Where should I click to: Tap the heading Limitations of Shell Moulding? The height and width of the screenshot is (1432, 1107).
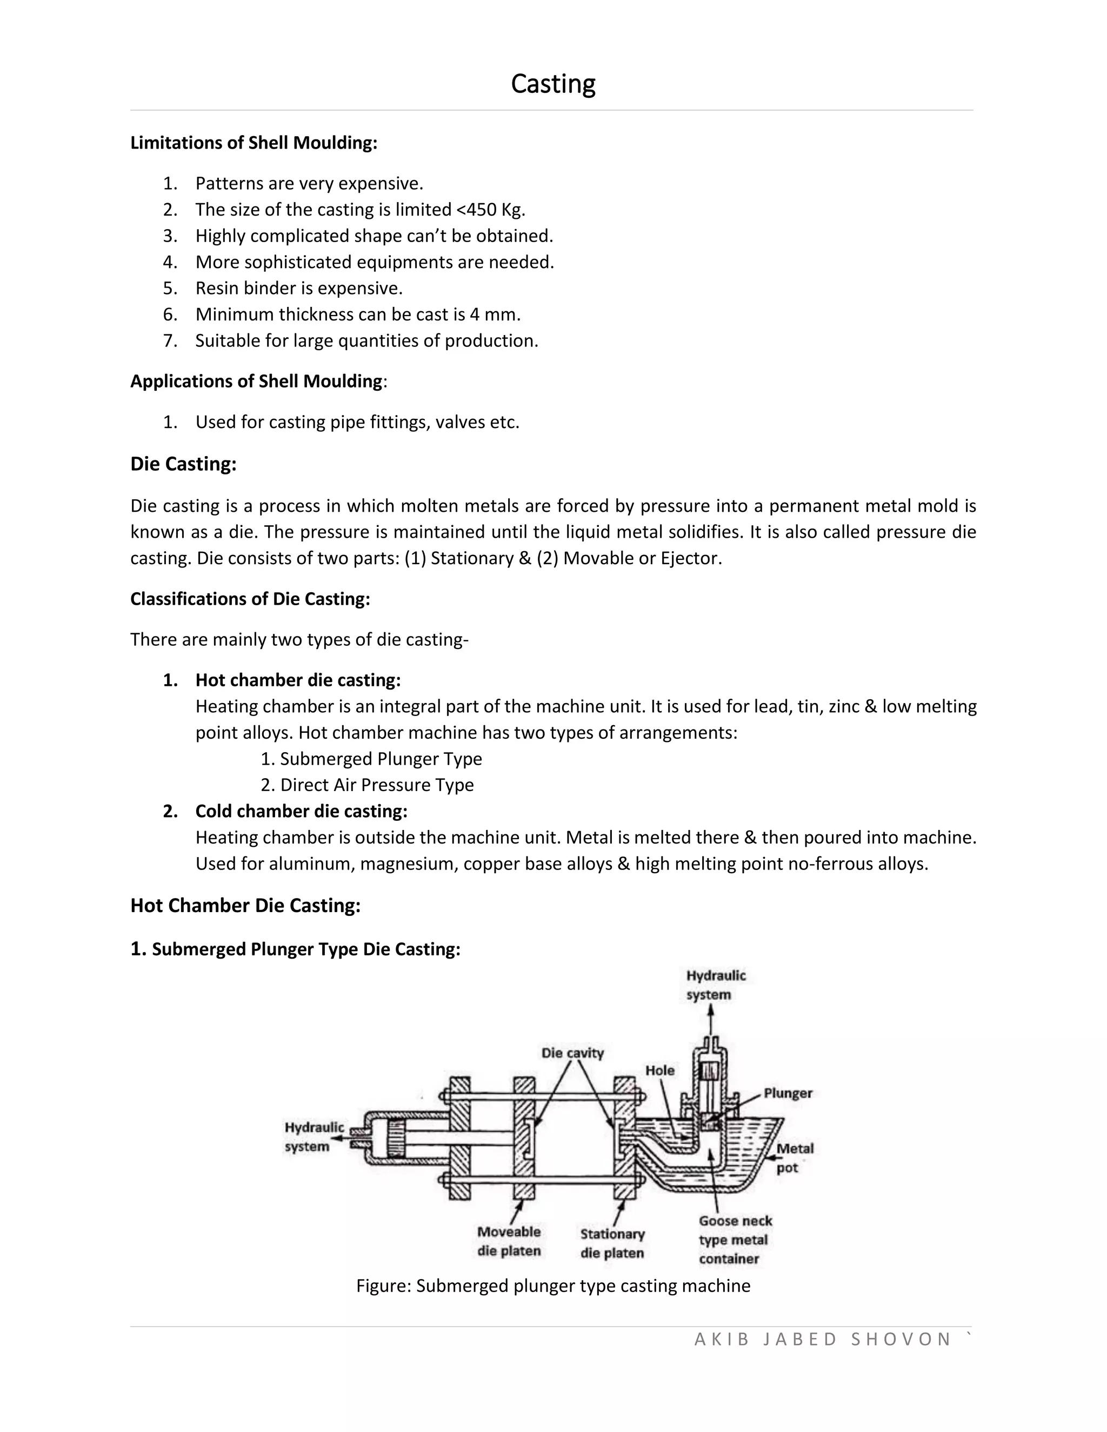point(254,143)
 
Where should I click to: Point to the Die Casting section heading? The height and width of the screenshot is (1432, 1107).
point(183,464)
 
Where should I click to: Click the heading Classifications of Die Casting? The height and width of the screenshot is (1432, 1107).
point(250,599)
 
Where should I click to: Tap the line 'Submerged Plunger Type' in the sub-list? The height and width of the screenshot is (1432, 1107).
point(371,759)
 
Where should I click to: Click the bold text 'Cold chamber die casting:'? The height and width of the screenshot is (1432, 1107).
point(302,812)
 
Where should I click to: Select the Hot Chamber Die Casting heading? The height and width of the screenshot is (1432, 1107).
point(245,906)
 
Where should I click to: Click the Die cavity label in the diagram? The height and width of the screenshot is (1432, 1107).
point(572,1053)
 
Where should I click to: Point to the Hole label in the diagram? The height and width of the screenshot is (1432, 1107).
point(660,1070)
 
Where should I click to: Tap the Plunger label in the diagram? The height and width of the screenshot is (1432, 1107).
point(788,1093)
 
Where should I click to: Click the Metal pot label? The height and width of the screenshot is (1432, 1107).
point(794,1158)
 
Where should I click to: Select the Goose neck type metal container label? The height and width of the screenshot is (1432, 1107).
point(735,1240)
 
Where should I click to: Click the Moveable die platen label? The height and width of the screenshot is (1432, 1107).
point(509,1241)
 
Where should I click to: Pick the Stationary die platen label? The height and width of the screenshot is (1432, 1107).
point(612,1244)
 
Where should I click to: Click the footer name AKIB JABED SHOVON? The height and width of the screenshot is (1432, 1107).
point(822,1339)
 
